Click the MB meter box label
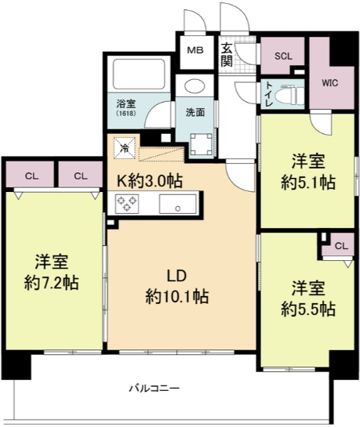tap(195, 50)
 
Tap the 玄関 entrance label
tap(227, 56)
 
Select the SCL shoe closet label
tap(283, 56)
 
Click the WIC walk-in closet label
tap(330, 82)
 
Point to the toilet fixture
tap(289, 96)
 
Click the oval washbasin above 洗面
tap(195, 85)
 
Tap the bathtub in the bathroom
tap(139, 74)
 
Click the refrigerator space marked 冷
tap(125, 148)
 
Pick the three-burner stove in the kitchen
tap(127, 204)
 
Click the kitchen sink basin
tap(178, 204)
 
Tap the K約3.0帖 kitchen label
tap(150, 181)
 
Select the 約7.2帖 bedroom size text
tap(52, 283)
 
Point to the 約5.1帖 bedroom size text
tap(308, 183)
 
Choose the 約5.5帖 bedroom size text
tap(308, 309)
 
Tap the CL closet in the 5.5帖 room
tap(341, 246)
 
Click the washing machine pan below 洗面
tap(202, 145)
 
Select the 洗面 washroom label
tap(195, 113)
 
